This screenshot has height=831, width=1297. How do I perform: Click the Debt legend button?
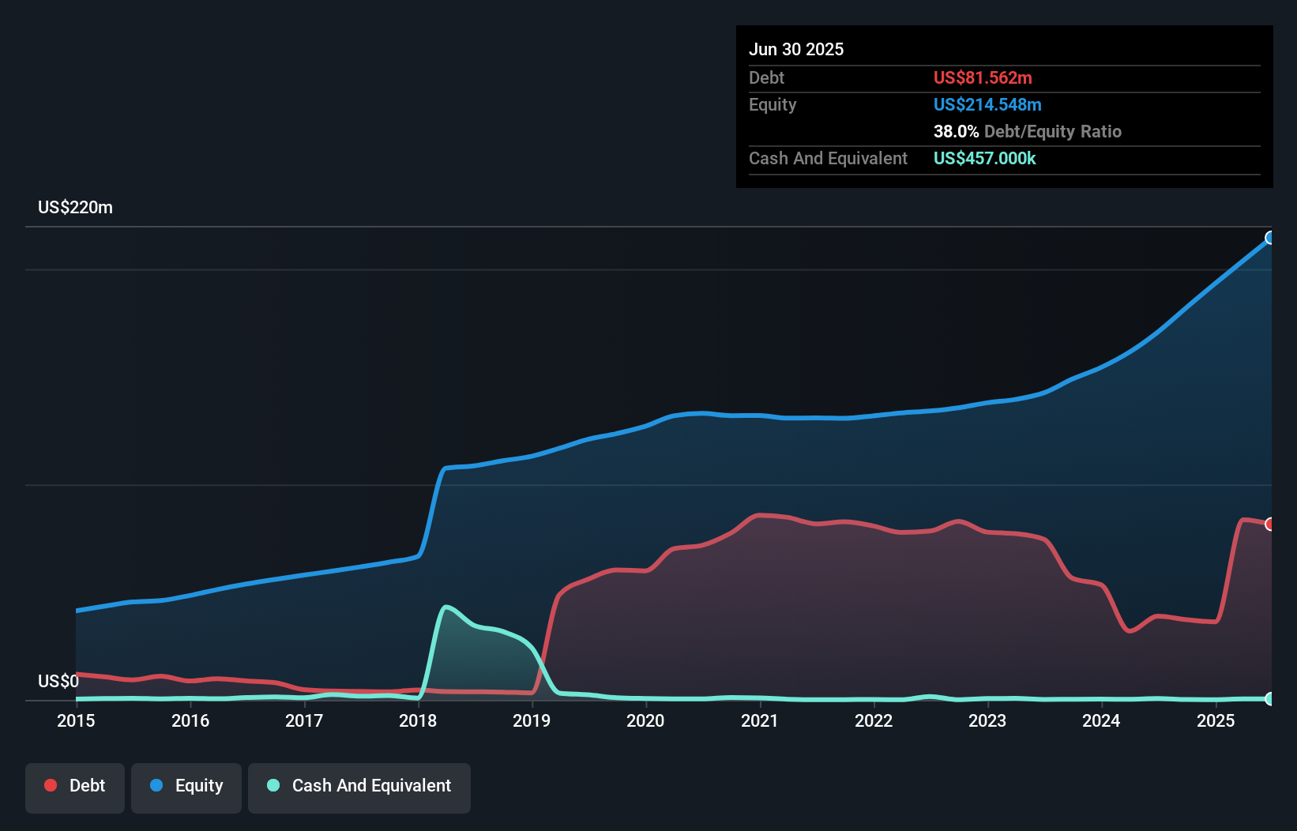click(75, 786)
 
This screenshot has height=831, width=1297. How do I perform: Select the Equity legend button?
click(186, 786)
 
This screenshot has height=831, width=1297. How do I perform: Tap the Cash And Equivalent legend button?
click(359, 786)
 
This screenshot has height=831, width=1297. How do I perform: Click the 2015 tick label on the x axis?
click(76, 720)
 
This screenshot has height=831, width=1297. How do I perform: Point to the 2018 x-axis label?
click(418, 720)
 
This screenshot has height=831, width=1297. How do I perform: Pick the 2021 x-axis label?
click(759, 720)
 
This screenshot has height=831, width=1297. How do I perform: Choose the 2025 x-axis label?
click(1215, 720)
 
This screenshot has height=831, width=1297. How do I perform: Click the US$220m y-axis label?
click(75, 208)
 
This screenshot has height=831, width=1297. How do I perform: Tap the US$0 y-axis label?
click(58, 681)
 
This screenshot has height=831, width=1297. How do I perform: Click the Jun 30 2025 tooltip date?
click(796, 50)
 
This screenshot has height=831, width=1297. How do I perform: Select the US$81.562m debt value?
click(983, 78)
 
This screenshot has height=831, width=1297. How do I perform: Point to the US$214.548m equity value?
click(987, 105)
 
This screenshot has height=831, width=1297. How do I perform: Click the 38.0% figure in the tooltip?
click(956, 132)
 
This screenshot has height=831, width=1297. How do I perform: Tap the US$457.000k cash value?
click(984, 159)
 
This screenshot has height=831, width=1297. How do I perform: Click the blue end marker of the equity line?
click(1270, 238)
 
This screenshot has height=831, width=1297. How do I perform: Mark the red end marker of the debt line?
click(1270, 525)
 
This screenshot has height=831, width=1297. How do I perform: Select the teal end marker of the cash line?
click(1270, 699)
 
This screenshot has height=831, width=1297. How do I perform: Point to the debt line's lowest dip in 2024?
click(1130, 631)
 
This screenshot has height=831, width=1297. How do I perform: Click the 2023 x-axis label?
click(987, 720)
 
